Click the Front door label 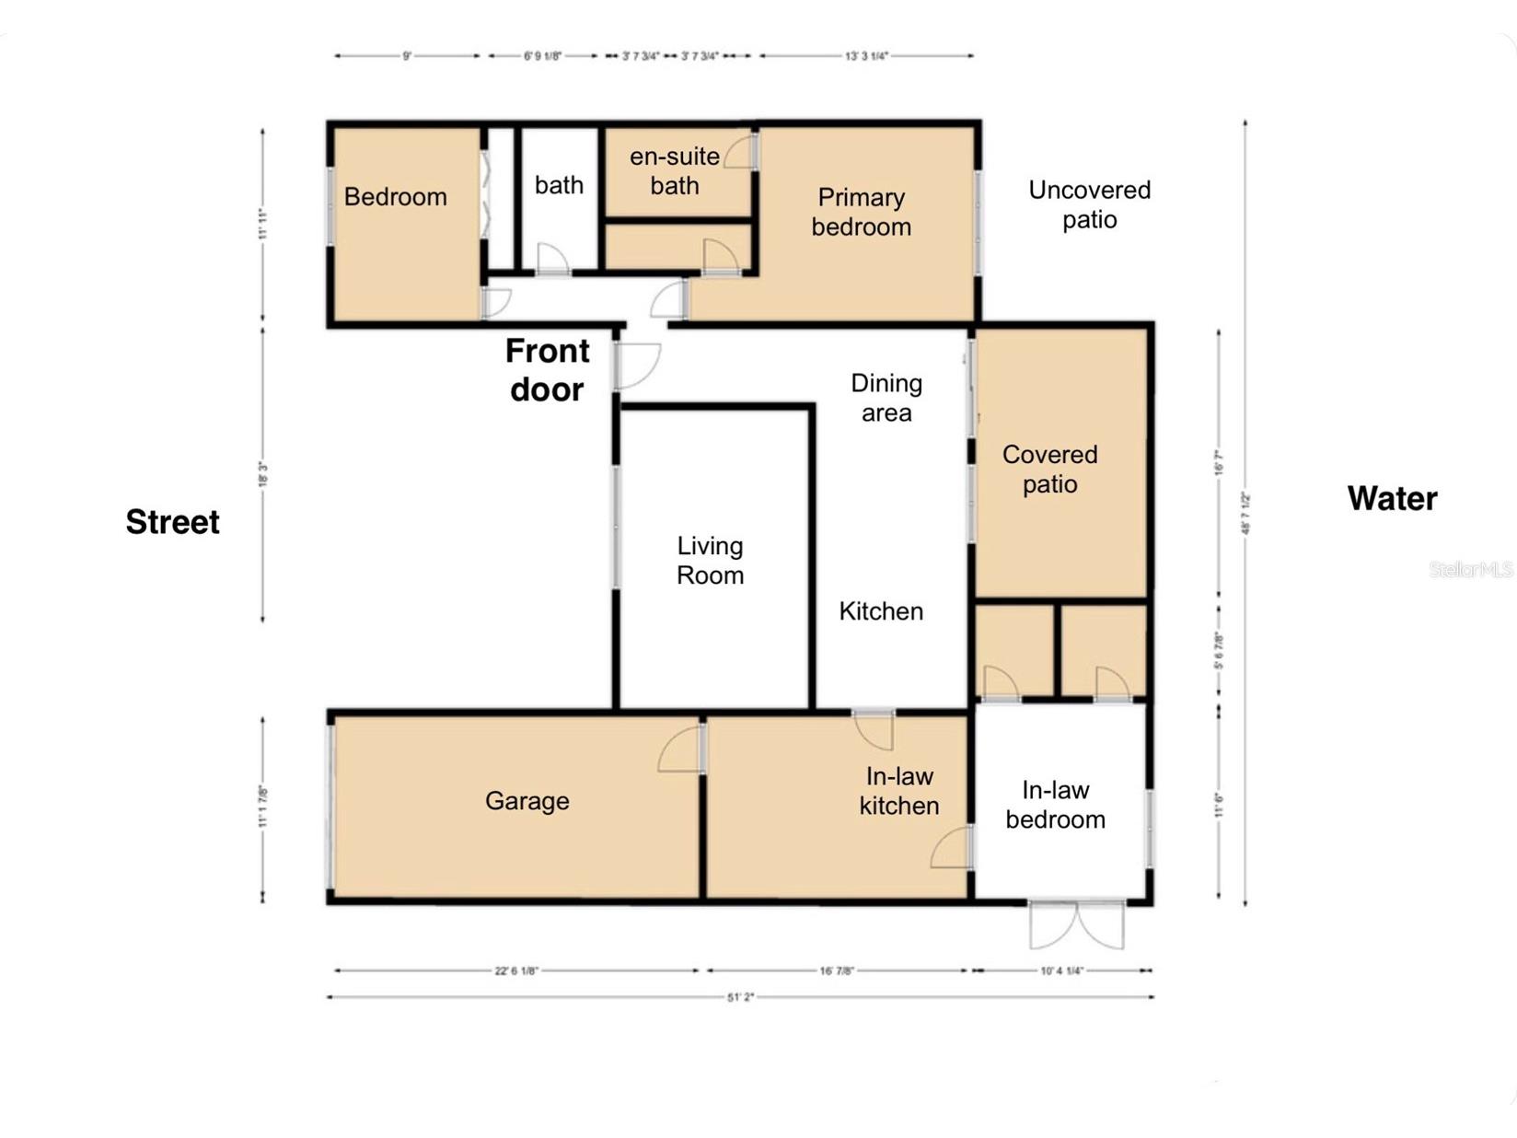click(x=547, y=370)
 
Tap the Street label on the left click(x=172, y=522)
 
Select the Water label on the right click(x=1392, y=498)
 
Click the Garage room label click(x=527, y=800)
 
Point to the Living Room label click(x=710, y=560)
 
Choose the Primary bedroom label click(x=861, y=212)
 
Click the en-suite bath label click(x=675, y=170)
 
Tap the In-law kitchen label click(x=898, y=791)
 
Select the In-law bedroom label click(x=1055, y=805)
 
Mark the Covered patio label click(x=1049, y=469)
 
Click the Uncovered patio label click(x=1089, y=204)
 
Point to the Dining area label click(x=886, y=398)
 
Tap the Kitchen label click(x=880, y=611)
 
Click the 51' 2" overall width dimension click(x=740, y=997)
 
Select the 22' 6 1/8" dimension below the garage click(x=516, y=970)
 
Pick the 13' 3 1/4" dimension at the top click(x=866, y=56)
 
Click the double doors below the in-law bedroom click(x=1076, y=925)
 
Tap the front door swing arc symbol click(x=638, y=366)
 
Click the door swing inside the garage click(x=681, y=749)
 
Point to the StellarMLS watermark click(x=1470, y=570)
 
